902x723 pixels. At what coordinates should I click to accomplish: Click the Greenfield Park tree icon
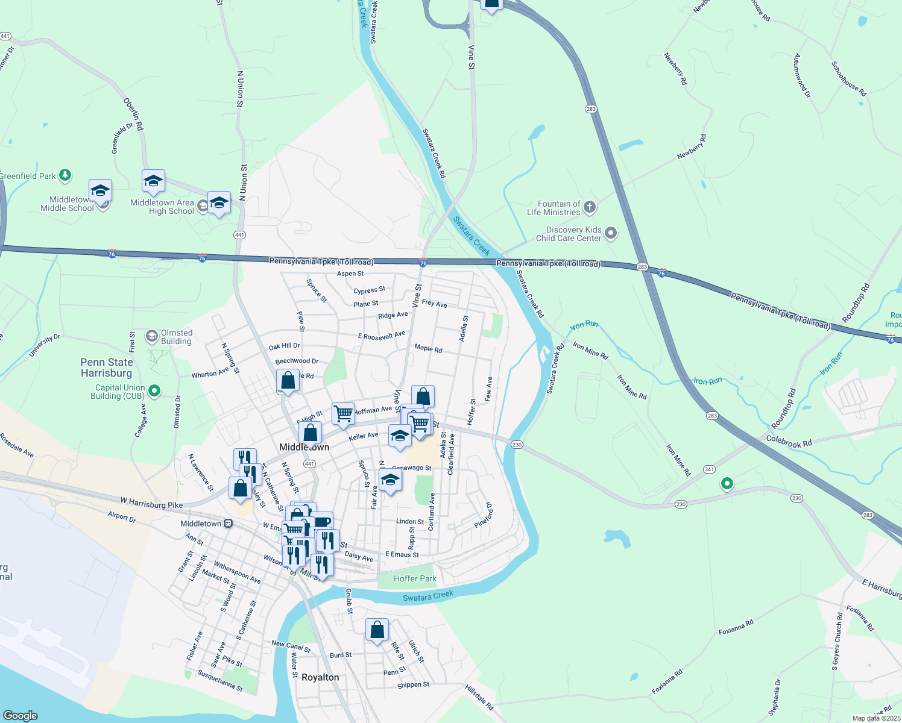tap(65, 175)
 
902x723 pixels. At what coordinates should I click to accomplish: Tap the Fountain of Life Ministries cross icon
tap(590, 208)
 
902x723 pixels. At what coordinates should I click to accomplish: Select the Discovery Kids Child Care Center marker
tap(611, 233)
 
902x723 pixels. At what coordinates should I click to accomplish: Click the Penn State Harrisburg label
tap(107, 368)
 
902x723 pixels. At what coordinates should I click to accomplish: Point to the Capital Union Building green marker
tap(154, 391)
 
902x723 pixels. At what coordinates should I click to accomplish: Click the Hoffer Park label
tap(415, 578)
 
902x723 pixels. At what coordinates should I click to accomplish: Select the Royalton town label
tap(320, 677)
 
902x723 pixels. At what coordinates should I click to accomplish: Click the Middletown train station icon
tap(228, 524)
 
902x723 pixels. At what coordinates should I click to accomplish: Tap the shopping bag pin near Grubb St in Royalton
tap(377, 630)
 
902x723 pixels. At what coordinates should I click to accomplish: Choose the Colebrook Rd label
tap(789, 442)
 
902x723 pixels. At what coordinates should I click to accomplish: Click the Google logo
tap(20, 715)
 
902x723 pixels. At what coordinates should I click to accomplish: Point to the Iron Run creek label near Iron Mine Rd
tap(707, 381)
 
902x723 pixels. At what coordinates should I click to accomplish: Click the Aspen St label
tap(350, 274)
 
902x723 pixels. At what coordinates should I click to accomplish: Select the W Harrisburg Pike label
tap(151, 502)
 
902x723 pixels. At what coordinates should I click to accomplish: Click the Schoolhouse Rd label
tap(848, 79)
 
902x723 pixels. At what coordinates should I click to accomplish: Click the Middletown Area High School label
tap(162, 207)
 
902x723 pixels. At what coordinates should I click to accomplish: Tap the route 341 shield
tap(709, 469)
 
